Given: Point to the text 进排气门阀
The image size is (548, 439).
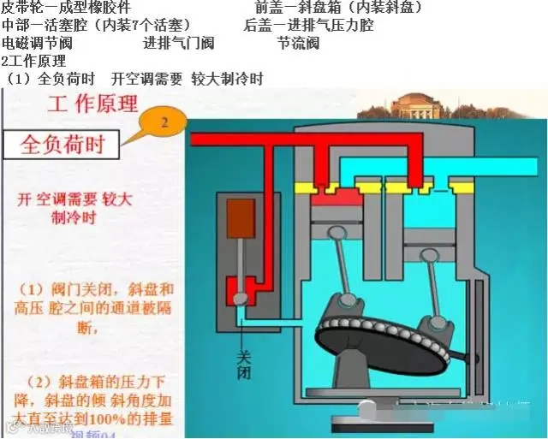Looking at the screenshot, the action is tap(178, 43).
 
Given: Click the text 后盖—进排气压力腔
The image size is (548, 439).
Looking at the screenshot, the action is tap(308, 25).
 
